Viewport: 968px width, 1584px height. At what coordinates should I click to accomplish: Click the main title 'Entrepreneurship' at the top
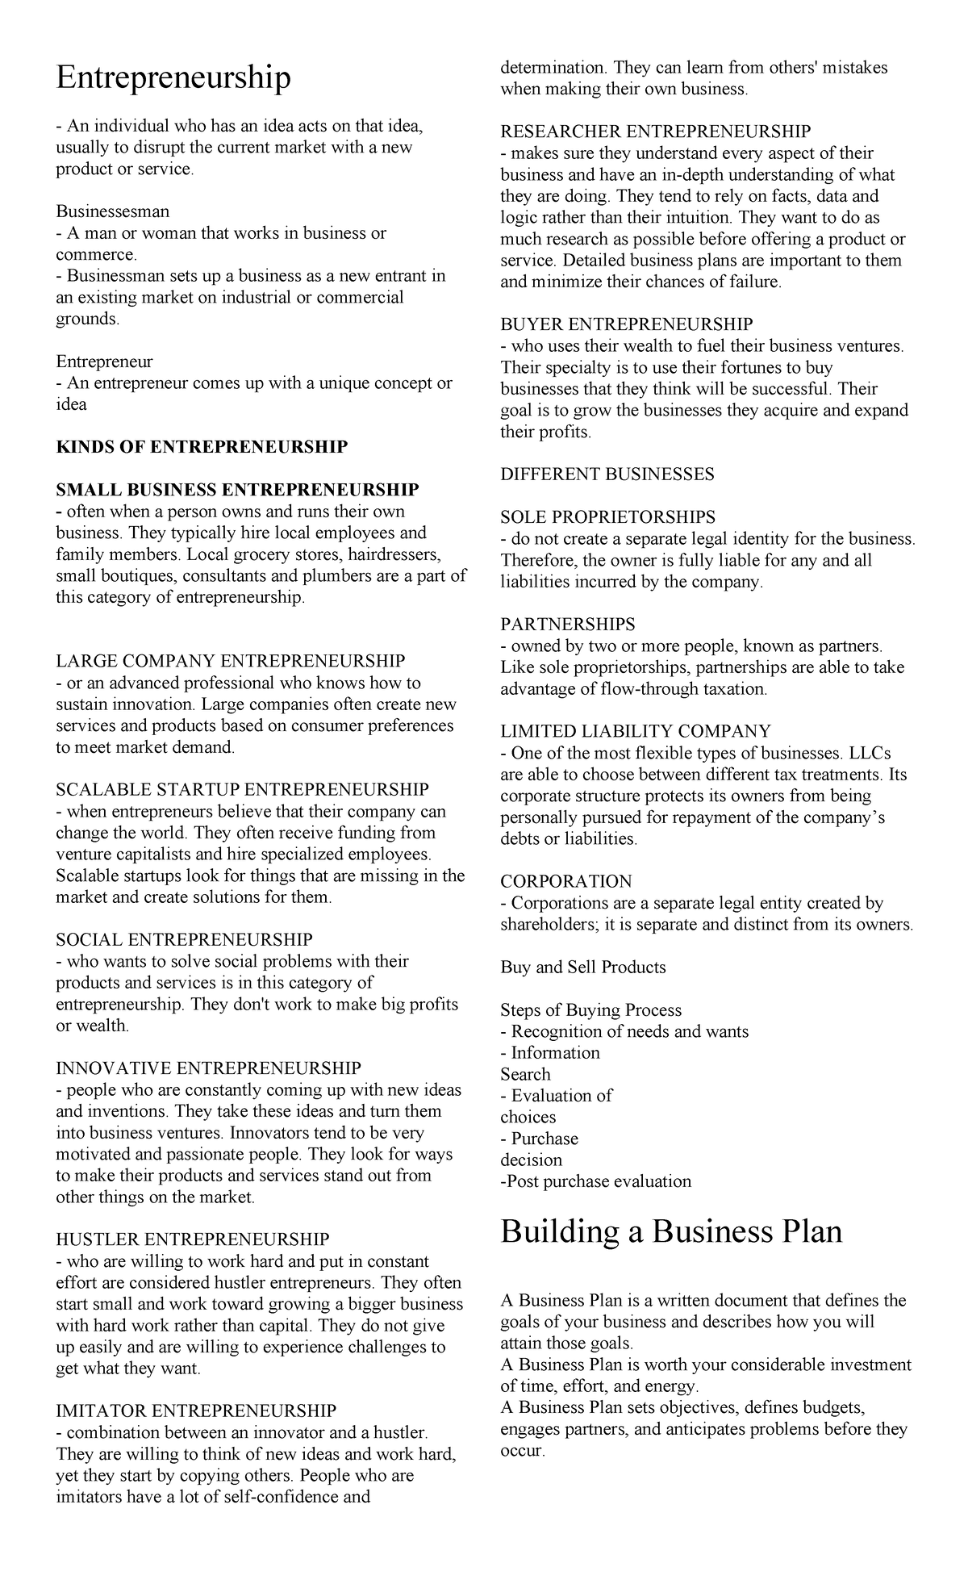point(173,79)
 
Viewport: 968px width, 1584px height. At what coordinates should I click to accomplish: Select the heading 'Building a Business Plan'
point(671,1232)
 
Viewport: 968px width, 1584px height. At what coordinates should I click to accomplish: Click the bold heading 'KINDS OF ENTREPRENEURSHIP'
point(202,447)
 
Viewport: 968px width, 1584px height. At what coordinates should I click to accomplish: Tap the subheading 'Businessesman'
point(112,211)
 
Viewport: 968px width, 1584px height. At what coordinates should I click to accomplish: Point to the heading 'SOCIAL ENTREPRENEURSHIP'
point(184,939)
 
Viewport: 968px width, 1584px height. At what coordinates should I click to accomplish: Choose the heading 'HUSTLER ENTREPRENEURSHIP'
point(193,1239)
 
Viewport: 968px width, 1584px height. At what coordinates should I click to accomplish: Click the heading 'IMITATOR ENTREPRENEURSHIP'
point(196,1411)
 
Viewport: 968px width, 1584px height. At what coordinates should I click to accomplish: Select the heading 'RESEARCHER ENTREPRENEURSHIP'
point(656,132)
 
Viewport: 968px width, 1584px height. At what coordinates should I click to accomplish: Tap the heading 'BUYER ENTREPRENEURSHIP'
point(627,324)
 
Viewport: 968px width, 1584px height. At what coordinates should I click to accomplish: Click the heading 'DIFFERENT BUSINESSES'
point(607,474)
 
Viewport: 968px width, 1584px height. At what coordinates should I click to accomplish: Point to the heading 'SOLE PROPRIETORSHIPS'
point(607,517)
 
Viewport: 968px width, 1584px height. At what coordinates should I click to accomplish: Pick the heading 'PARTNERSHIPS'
point(568,625)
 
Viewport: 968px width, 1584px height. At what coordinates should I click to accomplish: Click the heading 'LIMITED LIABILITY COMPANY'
point(636,732)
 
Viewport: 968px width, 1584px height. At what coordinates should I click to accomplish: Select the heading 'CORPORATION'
point(566,881)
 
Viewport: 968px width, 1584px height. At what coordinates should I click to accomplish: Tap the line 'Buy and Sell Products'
point(583,968)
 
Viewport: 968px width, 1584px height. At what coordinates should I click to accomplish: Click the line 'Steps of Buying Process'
point(591,1010)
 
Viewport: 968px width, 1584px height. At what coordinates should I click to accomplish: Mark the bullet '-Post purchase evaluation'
point(596,1181)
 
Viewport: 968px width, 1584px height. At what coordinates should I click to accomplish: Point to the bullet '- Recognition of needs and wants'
point(624,1031)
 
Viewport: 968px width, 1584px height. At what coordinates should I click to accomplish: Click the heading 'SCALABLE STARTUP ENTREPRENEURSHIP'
point(242,789)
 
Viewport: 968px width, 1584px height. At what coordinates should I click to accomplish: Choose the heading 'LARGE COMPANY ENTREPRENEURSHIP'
point(231,662)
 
